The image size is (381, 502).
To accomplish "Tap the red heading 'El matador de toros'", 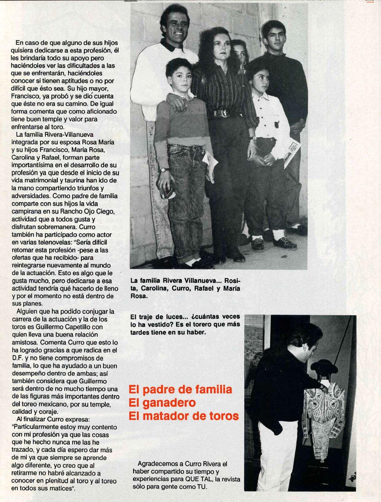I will [x=184, y=416].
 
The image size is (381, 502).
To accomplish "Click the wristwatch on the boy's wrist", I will [x=164, y=169].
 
